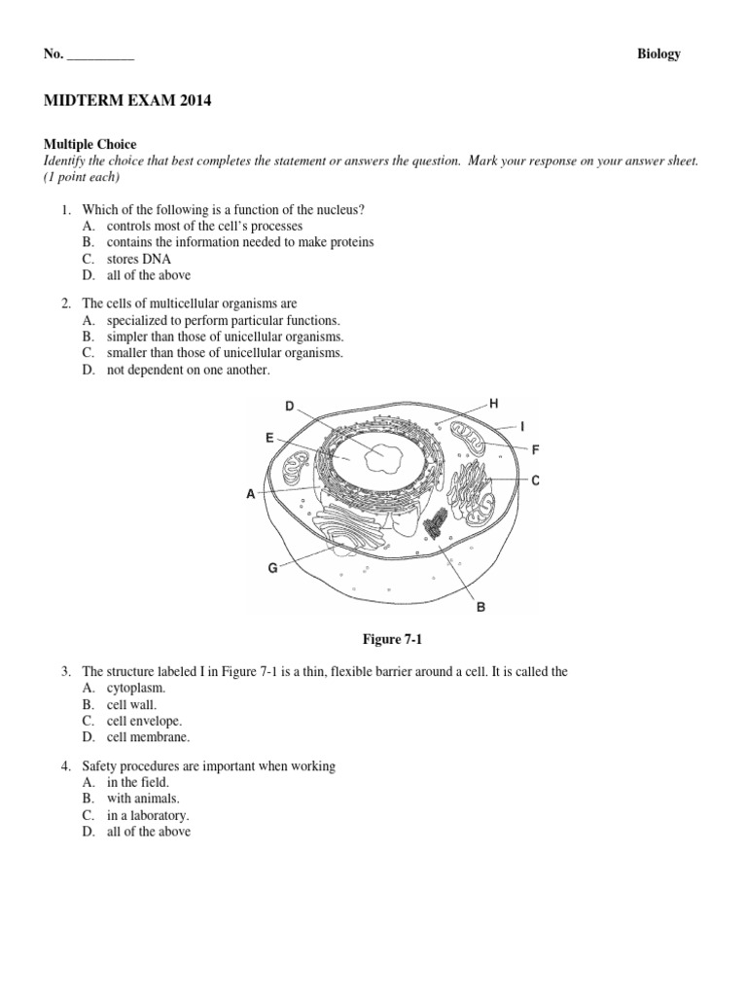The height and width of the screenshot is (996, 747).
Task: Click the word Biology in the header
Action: click(658, 54)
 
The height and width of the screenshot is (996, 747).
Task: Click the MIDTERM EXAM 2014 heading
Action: click(127, 100)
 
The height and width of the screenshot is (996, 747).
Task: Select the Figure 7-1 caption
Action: click(394, 639)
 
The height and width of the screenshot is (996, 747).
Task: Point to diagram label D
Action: click(289, 406)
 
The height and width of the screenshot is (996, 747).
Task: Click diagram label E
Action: click(269, 439)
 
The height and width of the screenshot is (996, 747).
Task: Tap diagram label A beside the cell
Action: click(250, 494)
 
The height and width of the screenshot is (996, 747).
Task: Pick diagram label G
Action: click(273, 568)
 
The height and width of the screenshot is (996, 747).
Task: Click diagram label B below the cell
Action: click(480, 608)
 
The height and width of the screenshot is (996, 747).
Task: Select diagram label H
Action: click(493, 403)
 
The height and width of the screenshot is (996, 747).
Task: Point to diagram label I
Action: click(523, 426)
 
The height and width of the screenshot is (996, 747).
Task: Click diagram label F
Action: click(535, 449)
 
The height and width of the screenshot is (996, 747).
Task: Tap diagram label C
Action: click(535, 480)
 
